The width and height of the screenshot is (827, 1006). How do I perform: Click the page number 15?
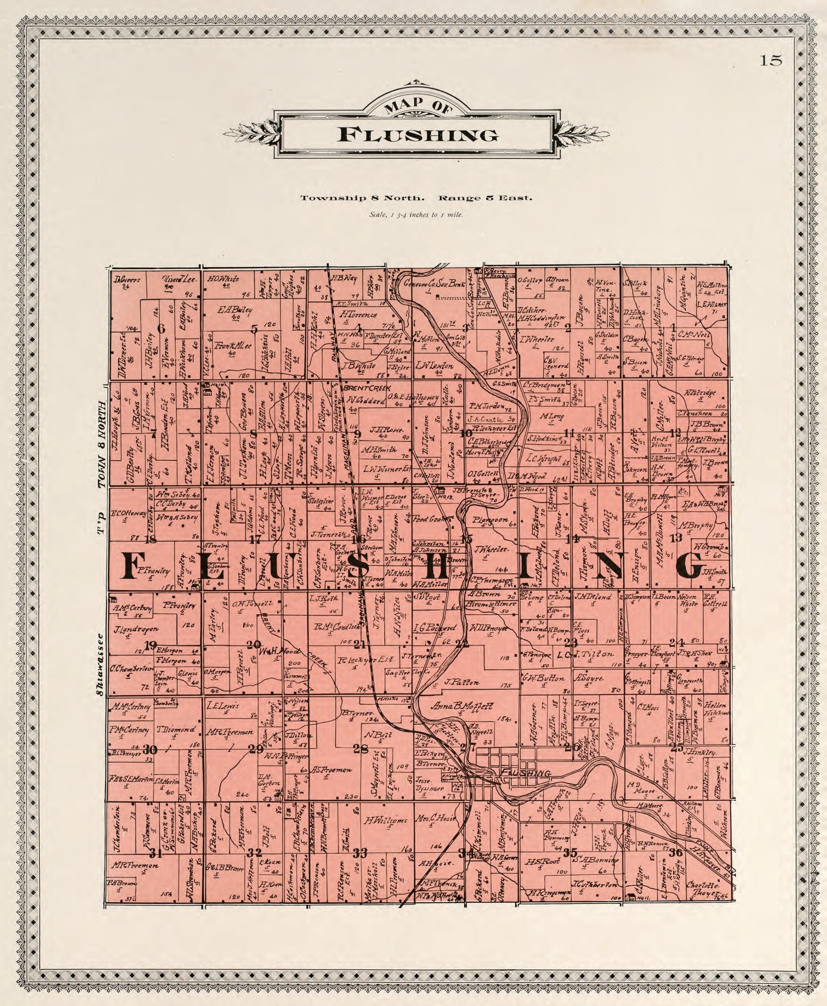[770, 60]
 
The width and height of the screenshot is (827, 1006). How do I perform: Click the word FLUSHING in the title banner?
[418, 135]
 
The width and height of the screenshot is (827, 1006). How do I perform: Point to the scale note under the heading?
[416, 214]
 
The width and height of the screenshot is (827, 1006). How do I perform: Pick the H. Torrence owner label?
[359, 315]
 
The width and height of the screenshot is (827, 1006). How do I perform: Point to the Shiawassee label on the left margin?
[100, 665]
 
